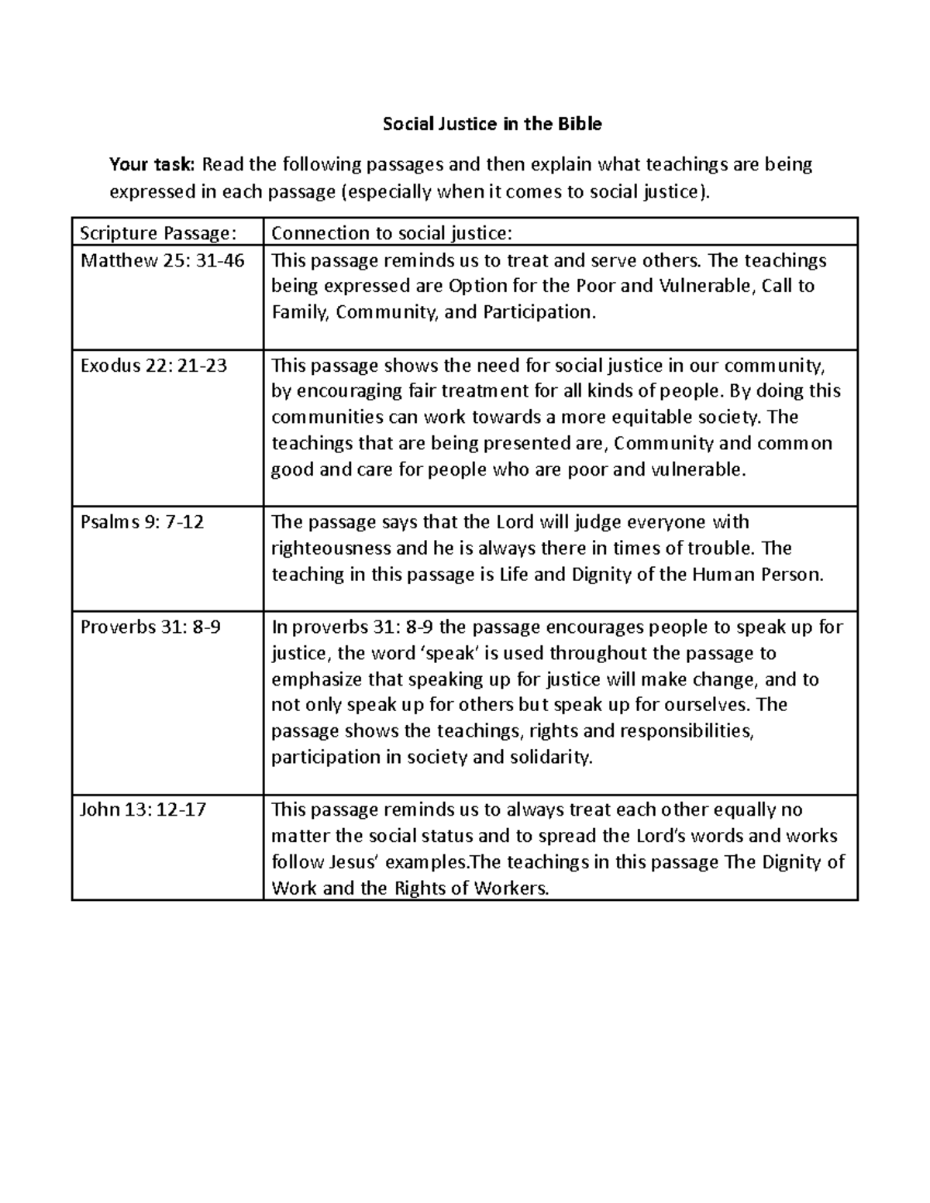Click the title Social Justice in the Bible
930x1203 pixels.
[x=492, y=124]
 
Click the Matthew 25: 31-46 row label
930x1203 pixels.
[x=163, y=260]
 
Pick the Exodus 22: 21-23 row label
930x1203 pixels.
[x=153, y=365]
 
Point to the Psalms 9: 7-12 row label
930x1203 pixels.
[x=143, y=522]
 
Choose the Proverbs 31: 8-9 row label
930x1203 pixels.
[x=150, y=627]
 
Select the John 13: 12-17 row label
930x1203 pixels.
[x=143, y=810]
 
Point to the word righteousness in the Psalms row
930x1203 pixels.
[x=331, y=548]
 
